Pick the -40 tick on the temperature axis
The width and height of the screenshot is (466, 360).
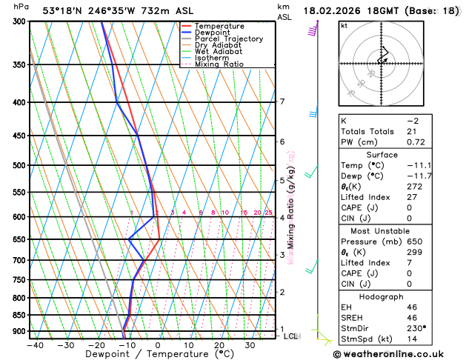[x=35, y=344]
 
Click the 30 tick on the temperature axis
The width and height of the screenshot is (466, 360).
[x=250, y=344]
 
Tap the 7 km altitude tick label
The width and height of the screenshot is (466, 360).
[x=282, y=102]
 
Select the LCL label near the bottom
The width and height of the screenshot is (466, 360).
[x=290, y=336]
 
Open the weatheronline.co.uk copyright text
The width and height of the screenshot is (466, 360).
[x=402, y=353]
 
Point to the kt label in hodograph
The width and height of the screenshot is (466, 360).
[x=344, y=26]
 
